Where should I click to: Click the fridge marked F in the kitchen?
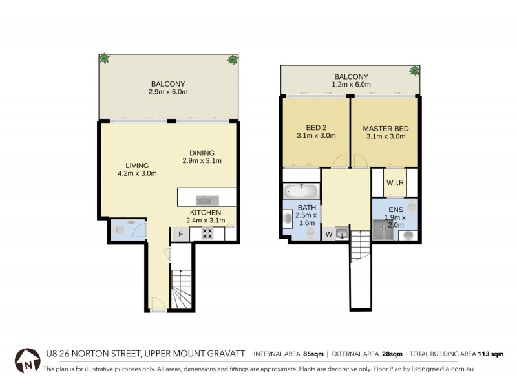click(181, 234)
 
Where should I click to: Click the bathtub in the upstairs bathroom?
click(301, 191)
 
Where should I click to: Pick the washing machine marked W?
click(328, 233)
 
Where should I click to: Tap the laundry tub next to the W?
click(343, 232)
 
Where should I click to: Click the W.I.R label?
click(395, 182)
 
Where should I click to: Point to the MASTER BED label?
click(385, 129)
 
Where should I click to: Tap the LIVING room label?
click(137, 165)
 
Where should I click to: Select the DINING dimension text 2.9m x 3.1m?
click(202, 161)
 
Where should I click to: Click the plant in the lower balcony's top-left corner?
click(103, 58)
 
